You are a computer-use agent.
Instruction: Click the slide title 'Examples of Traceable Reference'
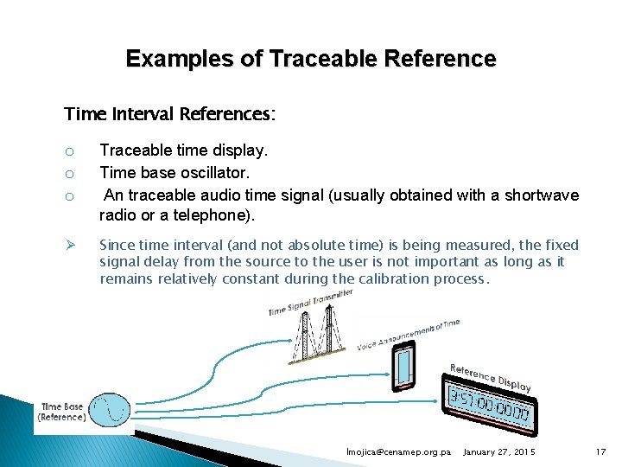[311, 59]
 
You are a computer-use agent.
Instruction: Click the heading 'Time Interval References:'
[170, 114]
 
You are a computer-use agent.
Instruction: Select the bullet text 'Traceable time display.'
[184, 150]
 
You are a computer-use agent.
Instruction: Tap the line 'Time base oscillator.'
[175, 173]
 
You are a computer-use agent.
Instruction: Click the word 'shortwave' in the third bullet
[543, 195]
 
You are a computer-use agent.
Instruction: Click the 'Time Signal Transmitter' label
[309, 303]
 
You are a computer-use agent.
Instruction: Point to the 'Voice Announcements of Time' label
[408, 333]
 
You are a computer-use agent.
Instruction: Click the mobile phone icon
[404, 368]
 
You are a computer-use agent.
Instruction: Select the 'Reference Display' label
[490, 378]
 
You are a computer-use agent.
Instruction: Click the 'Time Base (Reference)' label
[62, 412]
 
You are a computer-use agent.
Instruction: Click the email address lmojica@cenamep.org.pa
[398, 452]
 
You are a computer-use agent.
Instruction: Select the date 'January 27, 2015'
[499, 452]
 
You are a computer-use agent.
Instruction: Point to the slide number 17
[601, 452]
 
